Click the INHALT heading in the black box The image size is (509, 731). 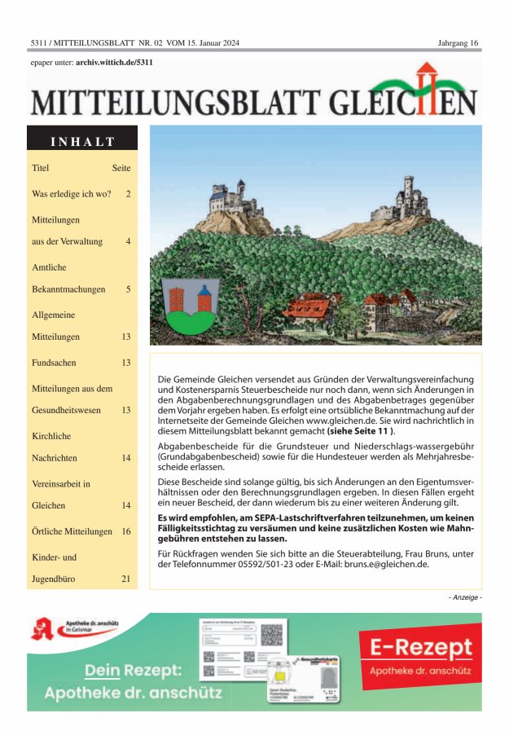82,141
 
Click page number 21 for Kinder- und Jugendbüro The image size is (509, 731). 125,579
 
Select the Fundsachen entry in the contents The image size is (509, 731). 54,362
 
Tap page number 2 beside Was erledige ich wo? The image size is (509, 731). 128,194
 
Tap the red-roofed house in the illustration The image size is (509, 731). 313,308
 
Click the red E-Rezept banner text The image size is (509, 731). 420,649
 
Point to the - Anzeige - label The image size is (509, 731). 465,598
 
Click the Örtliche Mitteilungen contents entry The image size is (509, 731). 72,531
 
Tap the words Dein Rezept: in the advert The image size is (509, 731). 134,671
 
